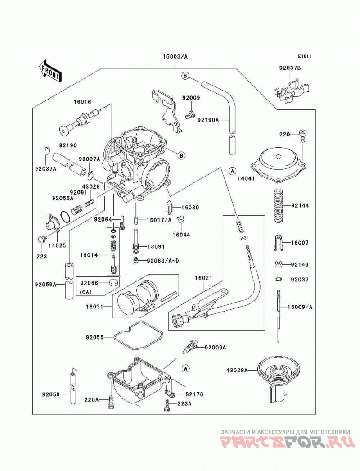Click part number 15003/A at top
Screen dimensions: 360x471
175,56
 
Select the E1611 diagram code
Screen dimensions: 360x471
305,56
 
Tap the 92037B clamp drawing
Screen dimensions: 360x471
292,90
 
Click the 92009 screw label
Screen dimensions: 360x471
191,98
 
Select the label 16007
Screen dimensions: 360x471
300,243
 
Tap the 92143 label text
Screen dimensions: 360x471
300,264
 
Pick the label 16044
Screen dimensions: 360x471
181,235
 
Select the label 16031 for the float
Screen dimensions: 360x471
94,307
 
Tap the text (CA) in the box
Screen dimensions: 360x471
86,292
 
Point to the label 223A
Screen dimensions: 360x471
184,404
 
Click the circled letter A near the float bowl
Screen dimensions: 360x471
186,368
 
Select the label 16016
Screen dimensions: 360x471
82,102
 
